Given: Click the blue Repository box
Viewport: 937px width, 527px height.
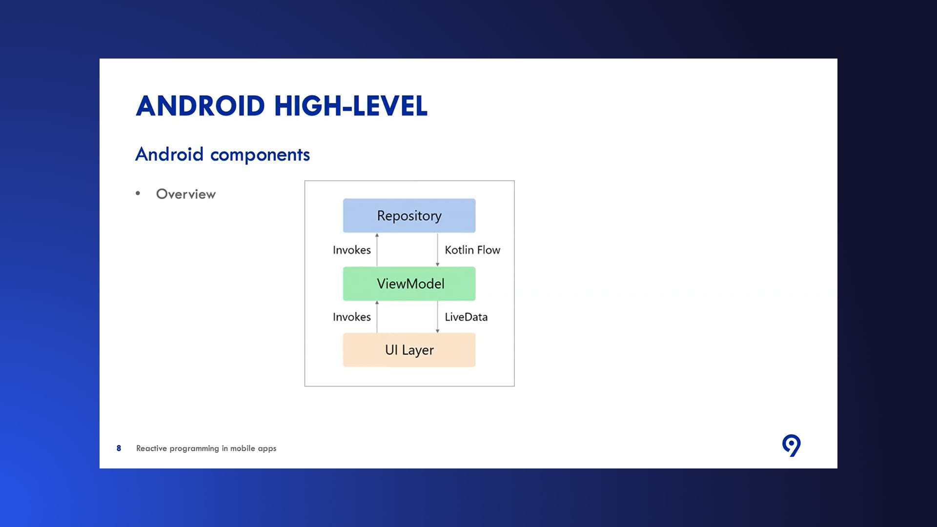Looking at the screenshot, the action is pos(409,215).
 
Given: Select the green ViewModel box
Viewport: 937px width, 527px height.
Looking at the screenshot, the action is pos(409,284).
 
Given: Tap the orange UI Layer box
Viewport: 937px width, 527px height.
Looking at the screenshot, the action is pos(409,350).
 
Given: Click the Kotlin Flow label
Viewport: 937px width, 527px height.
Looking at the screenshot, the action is pos(472,250).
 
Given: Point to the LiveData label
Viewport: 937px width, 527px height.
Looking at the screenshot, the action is pos(466,317).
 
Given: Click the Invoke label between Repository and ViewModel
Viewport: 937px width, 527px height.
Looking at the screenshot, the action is pos(352,250).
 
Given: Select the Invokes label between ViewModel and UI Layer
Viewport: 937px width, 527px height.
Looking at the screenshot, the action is pos(352,317).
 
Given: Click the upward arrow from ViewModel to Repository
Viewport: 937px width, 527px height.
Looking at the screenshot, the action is pos(377,250).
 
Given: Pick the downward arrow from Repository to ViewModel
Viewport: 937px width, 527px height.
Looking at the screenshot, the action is pos(437,250).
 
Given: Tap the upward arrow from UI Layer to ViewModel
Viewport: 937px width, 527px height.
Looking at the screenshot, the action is pos(377,317).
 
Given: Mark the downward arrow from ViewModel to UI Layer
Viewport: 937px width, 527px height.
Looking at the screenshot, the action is pos(437,317).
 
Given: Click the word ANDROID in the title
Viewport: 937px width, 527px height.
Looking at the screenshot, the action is pos(201,106).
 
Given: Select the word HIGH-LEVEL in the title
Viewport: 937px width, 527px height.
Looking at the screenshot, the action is pos(351,106).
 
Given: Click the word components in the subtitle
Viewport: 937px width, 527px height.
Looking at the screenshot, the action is pos(260,155).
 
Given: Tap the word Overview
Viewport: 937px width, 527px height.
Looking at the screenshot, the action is pos(186,194).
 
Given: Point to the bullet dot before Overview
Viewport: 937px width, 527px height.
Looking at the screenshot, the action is pos(138,194).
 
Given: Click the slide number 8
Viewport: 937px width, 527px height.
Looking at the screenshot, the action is pos(119,448).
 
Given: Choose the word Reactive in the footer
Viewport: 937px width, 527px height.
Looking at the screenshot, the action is pos(151,448).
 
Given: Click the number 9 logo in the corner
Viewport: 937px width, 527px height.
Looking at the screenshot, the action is pos(792,445).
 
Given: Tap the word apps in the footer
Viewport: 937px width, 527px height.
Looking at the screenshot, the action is pos(267,448).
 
